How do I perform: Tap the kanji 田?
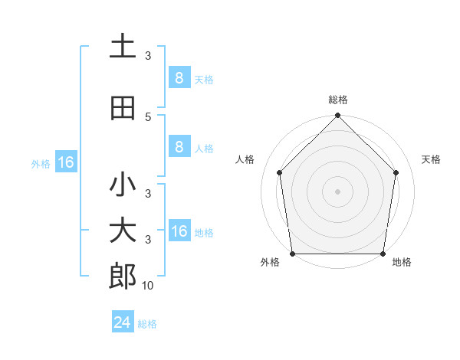[x=123, y=109]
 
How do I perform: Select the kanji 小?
[x=123, y=185]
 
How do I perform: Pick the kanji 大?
[x=123, y=231]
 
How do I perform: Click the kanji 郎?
[x=123, y=277]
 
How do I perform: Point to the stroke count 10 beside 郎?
[x=147, y=286]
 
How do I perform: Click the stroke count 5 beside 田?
[x=148, y=116]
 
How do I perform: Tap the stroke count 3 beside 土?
[x=148, y=56]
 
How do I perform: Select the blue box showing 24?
[x=123, y=322]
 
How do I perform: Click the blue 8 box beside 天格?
[x=179, y=78]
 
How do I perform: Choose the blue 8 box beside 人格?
[x=179, y=147]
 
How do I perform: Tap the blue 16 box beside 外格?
[x=66, y=162]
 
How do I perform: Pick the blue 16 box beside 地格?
[x=179, y=231]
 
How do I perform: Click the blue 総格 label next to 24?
[x=147, y=324]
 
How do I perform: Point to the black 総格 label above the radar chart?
[x=338, y=100]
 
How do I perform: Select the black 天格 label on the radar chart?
[x=432, y=159]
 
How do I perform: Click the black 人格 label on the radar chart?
[x=245, y=159]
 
